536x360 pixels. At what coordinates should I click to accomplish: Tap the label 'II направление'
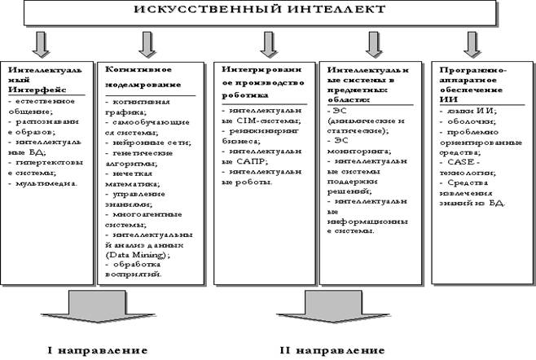330,350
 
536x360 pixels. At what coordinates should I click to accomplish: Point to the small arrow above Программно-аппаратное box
473,41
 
